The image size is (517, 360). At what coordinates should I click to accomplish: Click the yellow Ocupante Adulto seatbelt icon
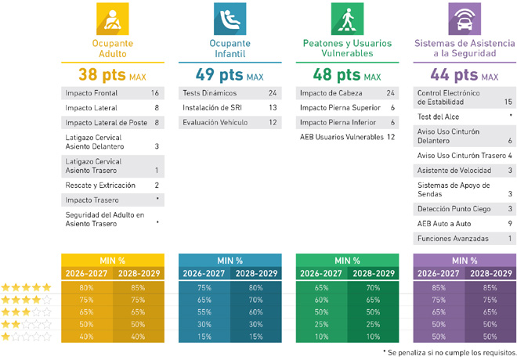pos(113,18)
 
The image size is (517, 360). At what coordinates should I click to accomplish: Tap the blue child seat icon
pos(230,18)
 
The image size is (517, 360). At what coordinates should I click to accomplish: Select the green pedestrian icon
pos(347,18)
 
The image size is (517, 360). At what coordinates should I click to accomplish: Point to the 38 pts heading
pos(104,75)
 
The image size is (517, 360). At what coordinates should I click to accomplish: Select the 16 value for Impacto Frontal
pos(155,93)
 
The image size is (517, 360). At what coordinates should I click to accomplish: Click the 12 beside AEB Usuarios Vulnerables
pos(390,138)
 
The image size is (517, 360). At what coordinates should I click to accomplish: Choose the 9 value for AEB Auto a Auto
pos(510,223)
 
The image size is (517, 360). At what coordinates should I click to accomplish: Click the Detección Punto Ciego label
pos(454,209)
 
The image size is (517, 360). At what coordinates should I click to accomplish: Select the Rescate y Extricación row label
pos(100,185)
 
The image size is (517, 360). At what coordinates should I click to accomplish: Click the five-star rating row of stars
pos(26,288)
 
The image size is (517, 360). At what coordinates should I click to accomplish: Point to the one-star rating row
pos(26,337)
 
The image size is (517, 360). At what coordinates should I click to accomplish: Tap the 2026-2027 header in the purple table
pos(439,274)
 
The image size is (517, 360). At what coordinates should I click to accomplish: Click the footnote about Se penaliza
pos(452,354)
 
